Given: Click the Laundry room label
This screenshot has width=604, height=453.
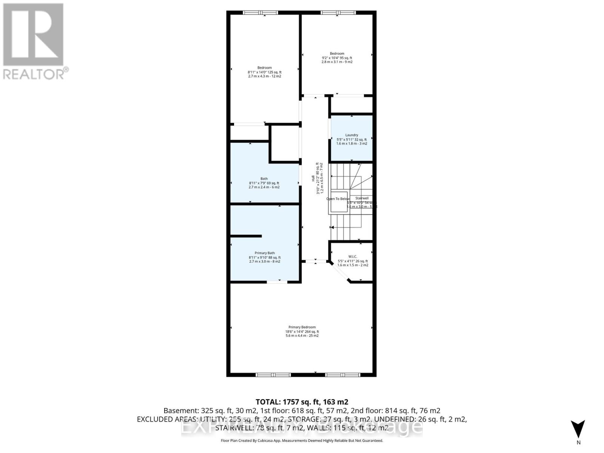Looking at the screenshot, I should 351,135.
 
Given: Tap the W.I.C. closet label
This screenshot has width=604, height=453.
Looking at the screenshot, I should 353,257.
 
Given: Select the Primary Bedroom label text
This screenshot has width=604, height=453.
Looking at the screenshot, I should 302,327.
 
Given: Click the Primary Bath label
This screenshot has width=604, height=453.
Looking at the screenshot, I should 265,253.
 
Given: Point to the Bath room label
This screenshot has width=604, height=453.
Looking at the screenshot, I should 264,179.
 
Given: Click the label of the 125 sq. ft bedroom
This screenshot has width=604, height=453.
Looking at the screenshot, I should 265,68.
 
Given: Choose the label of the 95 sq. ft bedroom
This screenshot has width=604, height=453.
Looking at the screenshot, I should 337,54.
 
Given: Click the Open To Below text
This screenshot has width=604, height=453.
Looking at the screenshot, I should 338,199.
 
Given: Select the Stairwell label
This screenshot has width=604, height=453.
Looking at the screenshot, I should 362,198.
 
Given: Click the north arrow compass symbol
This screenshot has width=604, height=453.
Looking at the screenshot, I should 578,430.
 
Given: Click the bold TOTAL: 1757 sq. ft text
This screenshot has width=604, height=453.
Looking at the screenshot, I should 302,402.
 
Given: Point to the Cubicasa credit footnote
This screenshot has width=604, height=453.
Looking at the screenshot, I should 302,441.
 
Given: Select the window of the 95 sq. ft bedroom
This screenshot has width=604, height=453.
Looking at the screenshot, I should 338,13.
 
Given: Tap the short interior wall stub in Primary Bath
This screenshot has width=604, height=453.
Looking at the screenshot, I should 246,236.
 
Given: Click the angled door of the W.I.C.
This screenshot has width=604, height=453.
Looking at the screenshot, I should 340,273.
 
